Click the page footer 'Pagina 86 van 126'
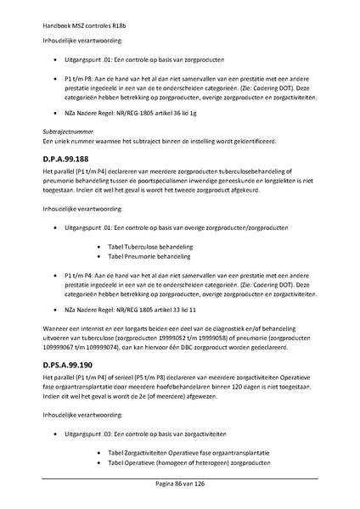(x=180, y=484)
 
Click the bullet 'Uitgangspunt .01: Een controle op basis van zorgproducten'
(x=144, y=60)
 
